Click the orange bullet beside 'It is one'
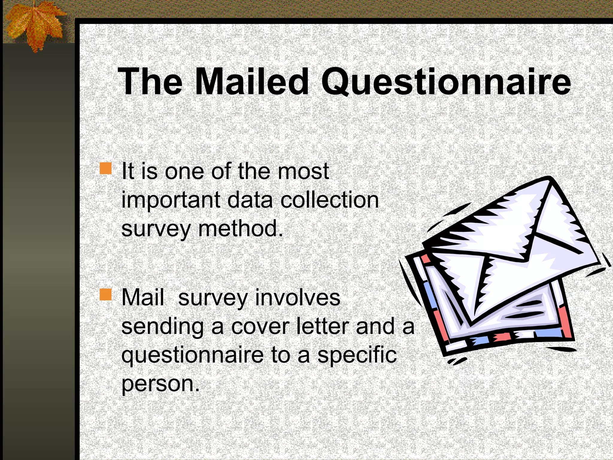pyautogui.click(x=105, y=168)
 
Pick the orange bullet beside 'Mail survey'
pyautogui.click(x=105, y=295)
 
